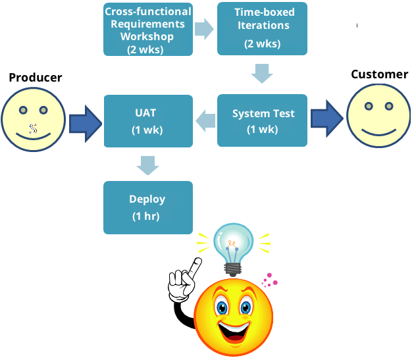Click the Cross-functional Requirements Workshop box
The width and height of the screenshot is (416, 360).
(148, 30)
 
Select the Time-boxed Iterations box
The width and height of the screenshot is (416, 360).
(263, 30)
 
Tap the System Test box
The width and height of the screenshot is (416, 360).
(263, 120)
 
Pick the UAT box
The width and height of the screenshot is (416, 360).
(148, 120)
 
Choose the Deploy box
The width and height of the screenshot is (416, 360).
(148, 207)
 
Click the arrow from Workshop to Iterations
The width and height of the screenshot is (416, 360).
(205, 28)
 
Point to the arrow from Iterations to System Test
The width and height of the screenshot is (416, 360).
(263, 74)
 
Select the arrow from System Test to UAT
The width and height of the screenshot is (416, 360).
(205, 120)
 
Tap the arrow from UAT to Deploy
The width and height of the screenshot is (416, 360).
(148, 165)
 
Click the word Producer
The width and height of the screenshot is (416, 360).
(36, 78)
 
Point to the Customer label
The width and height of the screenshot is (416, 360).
(379, 74)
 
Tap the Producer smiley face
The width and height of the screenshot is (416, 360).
(34, 118)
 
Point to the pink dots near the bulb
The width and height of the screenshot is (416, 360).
(270, 281)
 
